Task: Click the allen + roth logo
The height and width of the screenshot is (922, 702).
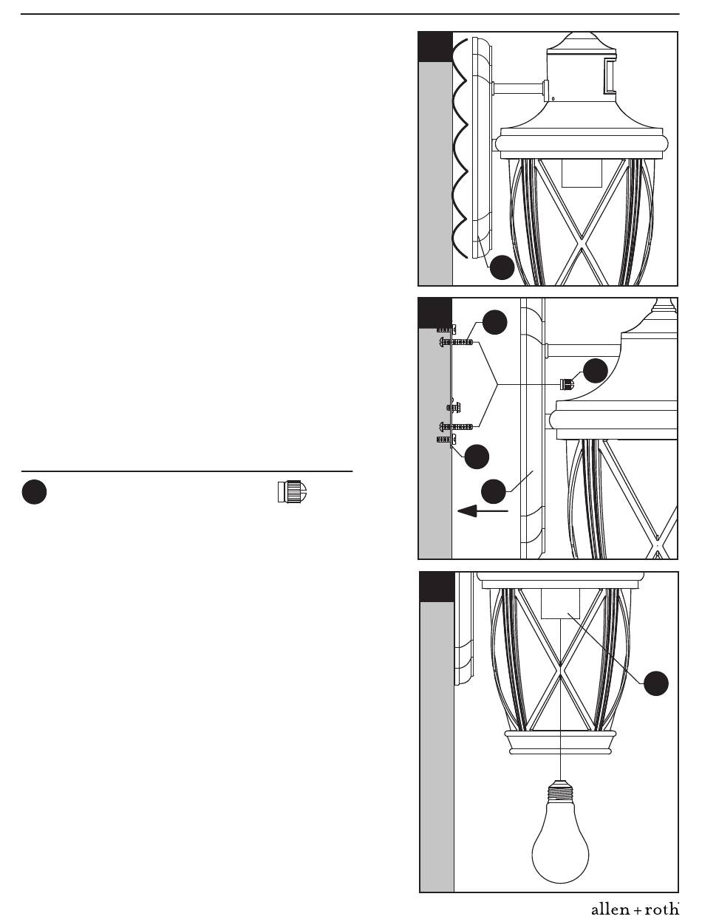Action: (635, 909)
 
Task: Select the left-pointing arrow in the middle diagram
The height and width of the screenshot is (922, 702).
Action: (483, 511)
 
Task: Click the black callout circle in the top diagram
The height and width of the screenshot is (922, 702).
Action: (502, 267)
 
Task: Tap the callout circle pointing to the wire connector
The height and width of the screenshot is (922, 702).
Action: (596, 371)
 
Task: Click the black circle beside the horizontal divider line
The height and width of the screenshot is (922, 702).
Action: (34, 492)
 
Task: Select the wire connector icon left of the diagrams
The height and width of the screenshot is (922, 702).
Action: (292, 492)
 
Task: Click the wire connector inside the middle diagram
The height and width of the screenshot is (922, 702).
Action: (567, 384)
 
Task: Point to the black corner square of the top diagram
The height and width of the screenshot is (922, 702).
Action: (436, 47)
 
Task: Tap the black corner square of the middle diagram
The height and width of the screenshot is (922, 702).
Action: (435, 313)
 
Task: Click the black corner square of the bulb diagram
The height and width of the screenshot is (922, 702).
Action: (437, 587)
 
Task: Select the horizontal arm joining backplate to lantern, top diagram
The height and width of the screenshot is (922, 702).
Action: (519, 88)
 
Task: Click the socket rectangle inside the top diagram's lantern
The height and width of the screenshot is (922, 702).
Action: (582, 173)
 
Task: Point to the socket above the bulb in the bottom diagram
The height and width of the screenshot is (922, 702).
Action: (560, 603)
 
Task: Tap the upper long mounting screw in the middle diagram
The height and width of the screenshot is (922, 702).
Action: (456, 342)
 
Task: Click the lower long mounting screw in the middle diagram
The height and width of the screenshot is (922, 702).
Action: (456, 427)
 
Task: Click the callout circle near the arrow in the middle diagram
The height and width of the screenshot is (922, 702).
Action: (493, 491)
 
